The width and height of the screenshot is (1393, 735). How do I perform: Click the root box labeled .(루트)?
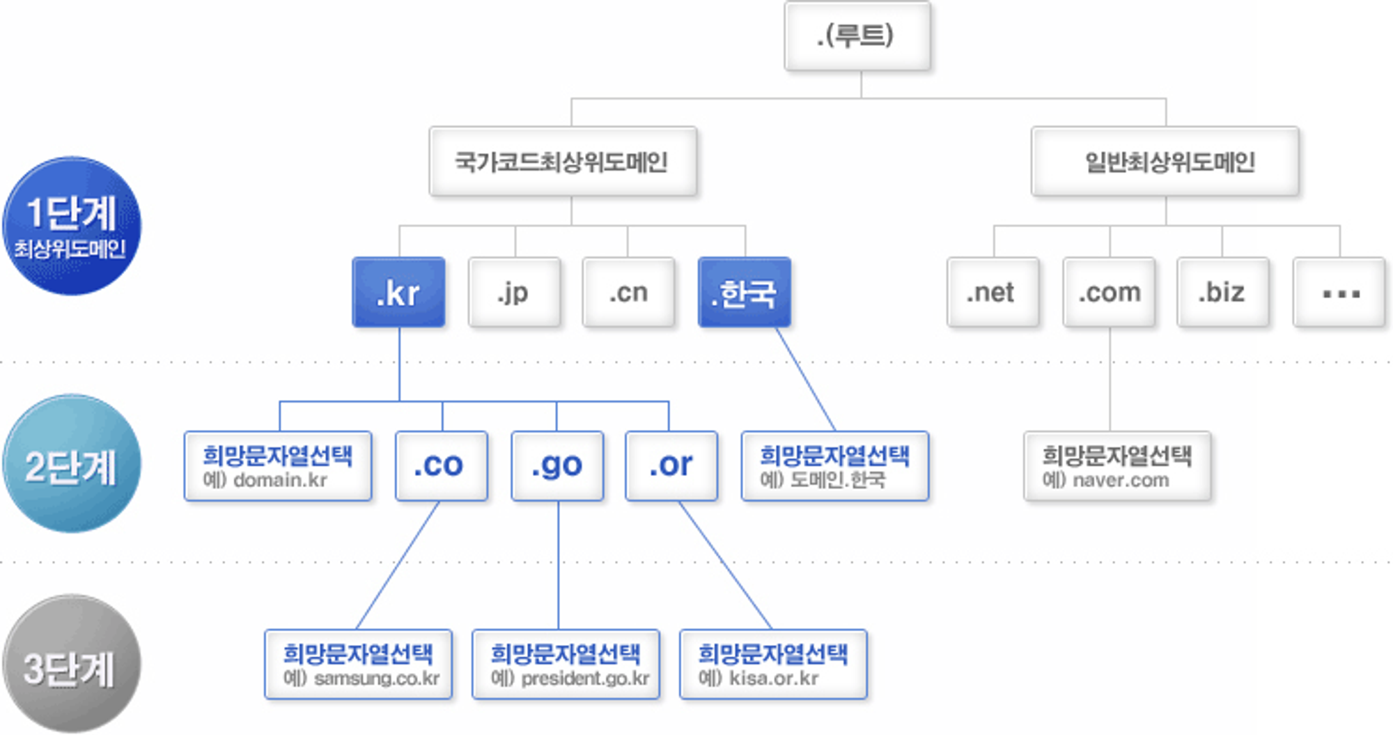(857, 36)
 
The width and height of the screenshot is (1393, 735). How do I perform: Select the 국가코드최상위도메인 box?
(563, 162)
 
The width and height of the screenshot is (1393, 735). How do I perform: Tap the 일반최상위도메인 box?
(1165, 162)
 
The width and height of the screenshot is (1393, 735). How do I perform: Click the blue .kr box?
(398, 293)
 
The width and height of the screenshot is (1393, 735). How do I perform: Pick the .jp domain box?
(514, 293)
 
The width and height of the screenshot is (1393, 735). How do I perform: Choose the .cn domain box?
(628, 293)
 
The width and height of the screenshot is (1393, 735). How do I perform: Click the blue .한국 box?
(744, 293)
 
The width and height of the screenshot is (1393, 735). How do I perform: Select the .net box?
(993, 293)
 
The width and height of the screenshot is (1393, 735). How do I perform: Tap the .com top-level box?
(1109, 293)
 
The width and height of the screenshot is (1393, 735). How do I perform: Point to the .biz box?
(1222, 293)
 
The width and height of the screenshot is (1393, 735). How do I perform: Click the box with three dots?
(1339, 293)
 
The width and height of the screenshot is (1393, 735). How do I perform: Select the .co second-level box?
(441, 465)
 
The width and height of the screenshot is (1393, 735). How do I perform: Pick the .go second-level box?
(557, 465)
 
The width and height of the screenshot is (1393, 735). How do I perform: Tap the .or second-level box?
(671, 465)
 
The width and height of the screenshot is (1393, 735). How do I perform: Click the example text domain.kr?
(280, 480)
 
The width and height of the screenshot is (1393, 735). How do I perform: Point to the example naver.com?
(1120, 480)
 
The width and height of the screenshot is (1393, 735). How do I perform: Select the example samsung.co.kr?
(376, 678)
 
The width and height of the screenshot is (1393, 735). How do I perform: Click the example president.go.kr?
(584, 678)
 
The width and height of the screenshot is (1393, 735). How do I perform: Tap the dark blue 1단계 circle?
(71, 225)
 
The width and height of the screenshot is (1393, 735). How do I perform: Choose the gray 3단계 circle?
(71, 663)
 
